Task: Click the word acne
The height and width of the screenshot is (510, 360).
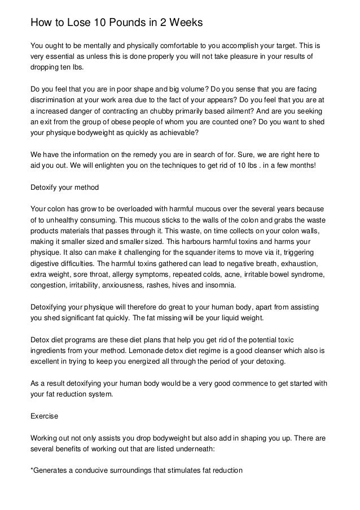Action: coord(227,273)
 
